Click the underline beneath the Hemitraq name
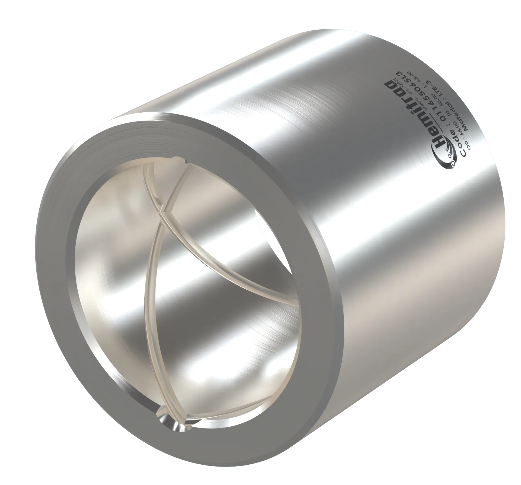click(436, 122)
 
